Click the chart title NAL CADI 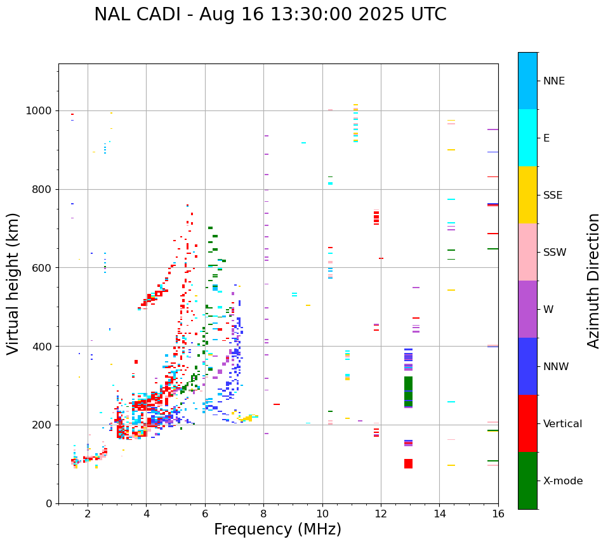[270, 15]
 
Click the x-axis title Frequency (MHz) [277, 529]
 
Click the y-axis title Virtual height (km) [13, 283]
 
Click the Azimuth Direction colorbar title [593, 281]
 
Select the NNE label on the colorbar [553, 81]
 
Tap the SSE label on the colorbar [552, 196]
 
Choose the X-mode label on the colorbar [563, 481]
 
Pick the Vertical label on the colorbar [562, 424]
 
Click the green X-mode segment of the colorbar [527, 481]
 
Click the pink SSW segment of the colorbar [527, 252]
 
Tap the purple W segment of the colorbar [527, 309]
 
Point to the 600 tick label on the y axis [43, 268]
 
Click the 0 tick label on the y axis [50, 503]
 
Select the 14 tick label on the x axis [439, 514]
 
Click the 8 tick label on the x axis [263, 514]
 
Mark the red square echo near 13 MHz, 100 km [408, 463]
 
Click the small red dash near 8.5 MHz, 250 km [277, 404]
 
